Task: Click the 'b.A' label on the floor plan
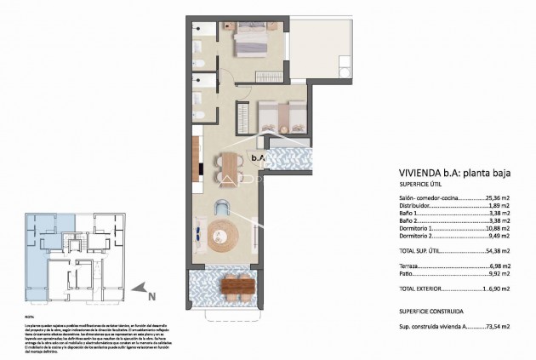(257, 157)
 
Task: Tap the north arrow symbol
(144, 292)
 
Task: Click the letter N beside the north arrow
(152, 298)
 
